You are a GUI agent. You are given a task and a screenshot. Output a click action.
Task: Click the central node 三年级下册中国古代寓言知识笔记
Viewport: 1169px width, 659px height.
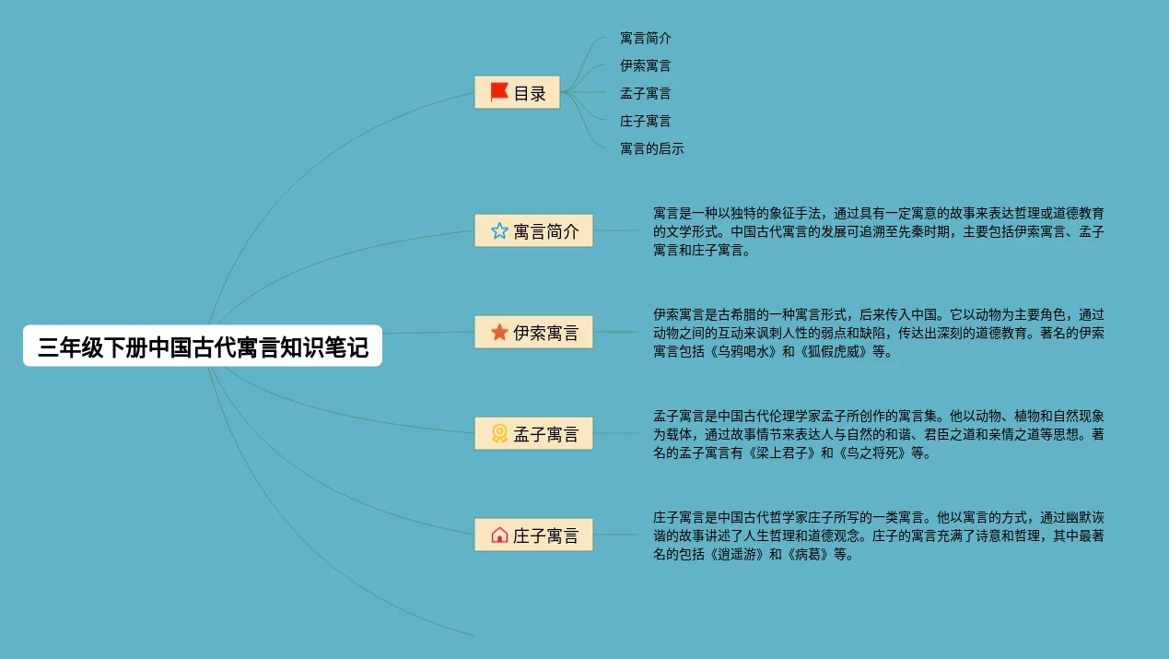(x=203, y=347)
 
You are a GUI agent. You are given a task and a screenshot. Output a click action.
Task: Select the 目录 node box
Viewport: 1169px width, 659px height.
(x=517, y=92)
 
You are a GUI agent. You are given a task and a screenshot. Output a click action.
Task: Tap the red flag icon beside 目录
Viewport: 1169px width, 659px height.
(x=499, y=91)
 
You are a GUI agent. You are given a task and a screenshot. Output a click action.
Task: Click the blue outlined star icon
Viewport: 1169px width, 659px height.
(x=499, y=230)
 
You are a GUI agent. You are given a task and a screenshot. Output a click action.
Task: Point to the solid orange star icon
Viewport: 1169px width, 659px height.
(x=499, y=332)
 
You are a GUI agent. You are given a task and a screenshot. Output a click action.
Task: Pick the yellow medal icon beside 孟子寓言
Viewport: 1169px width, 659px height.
(x=499, y=433)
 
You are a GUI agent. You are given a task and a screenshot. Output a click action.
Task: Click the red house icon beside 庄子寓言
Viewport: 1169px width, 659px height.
(x=499, y=535)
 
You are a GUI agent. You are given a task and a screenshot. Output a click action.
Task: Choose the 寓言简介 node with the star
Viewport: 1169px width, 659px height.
(x=533, y=230)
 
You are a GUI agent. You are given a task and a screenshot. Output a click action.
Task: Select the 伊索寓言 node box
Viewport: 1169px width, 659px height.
(x=533, y=332)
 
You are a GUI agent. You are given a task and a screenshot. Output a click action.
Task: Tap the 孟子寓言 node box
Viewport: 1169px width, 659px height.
(x=533, y=433)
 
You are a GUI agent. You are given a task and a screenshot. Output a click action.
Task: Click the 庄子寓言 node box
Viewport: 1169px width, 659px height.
(x=533, y=535)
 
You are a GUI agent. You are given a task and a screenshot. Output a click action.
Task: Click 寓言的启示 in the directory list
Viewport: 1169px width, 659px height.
(x=651, y=148)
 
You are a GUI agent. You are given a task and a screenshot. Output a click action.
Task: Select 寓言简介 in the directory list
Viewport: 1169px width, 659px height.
(x=645, y=38)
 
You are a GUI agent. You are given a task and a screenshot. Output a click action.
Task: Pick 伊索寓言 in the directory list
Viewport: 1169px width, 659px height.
(x=645, y=65)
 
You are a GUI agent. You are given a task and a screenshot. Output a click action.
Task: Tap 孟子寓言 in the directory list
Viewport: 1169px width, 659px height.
(x=645, y=93)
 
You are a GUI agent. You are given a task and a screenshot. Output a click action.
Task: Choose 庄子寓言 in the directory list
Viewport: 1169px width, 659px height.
(x=645, y=121)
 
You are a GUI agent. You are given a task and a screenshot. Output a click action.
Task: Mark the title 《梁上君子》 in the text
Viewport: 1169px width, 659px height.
(x=779, y=453)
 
